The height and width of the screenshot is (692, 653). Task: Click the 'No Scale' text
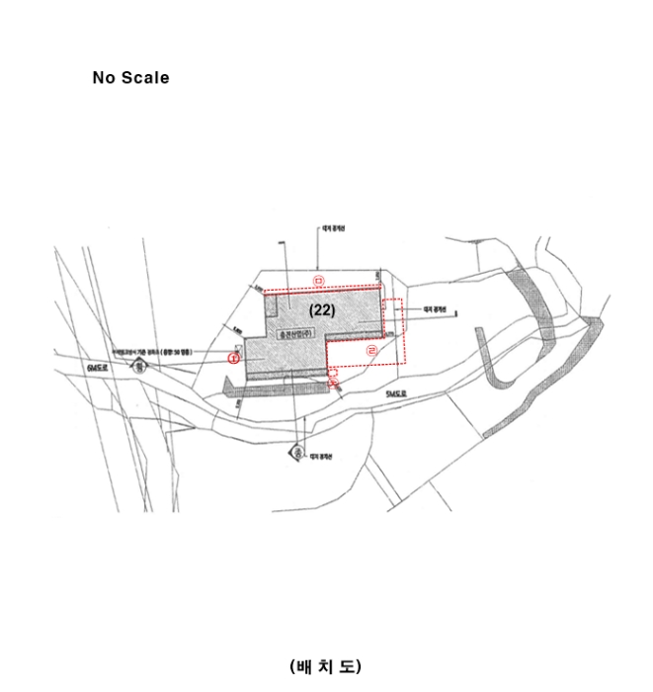[130, 78]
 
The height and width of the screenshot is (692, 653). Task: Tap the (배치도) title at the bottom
[325, 666]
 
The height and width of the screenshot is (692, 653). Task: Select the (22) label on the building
[322, 309]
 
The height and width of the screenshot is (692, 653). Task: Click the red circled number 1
[234, 358]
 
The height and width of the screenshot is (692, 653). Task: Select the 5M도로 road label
[396, 393]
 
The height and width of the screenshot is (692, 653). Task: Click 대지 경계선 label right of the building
[436, 309]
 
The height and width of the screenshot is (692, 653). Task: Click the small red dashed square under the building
[333, 372]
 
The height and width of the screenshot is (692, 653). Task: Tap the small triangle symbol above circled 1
[239, 347]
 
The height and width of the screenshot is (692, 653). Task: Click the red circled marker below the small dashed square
[333, 382]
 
